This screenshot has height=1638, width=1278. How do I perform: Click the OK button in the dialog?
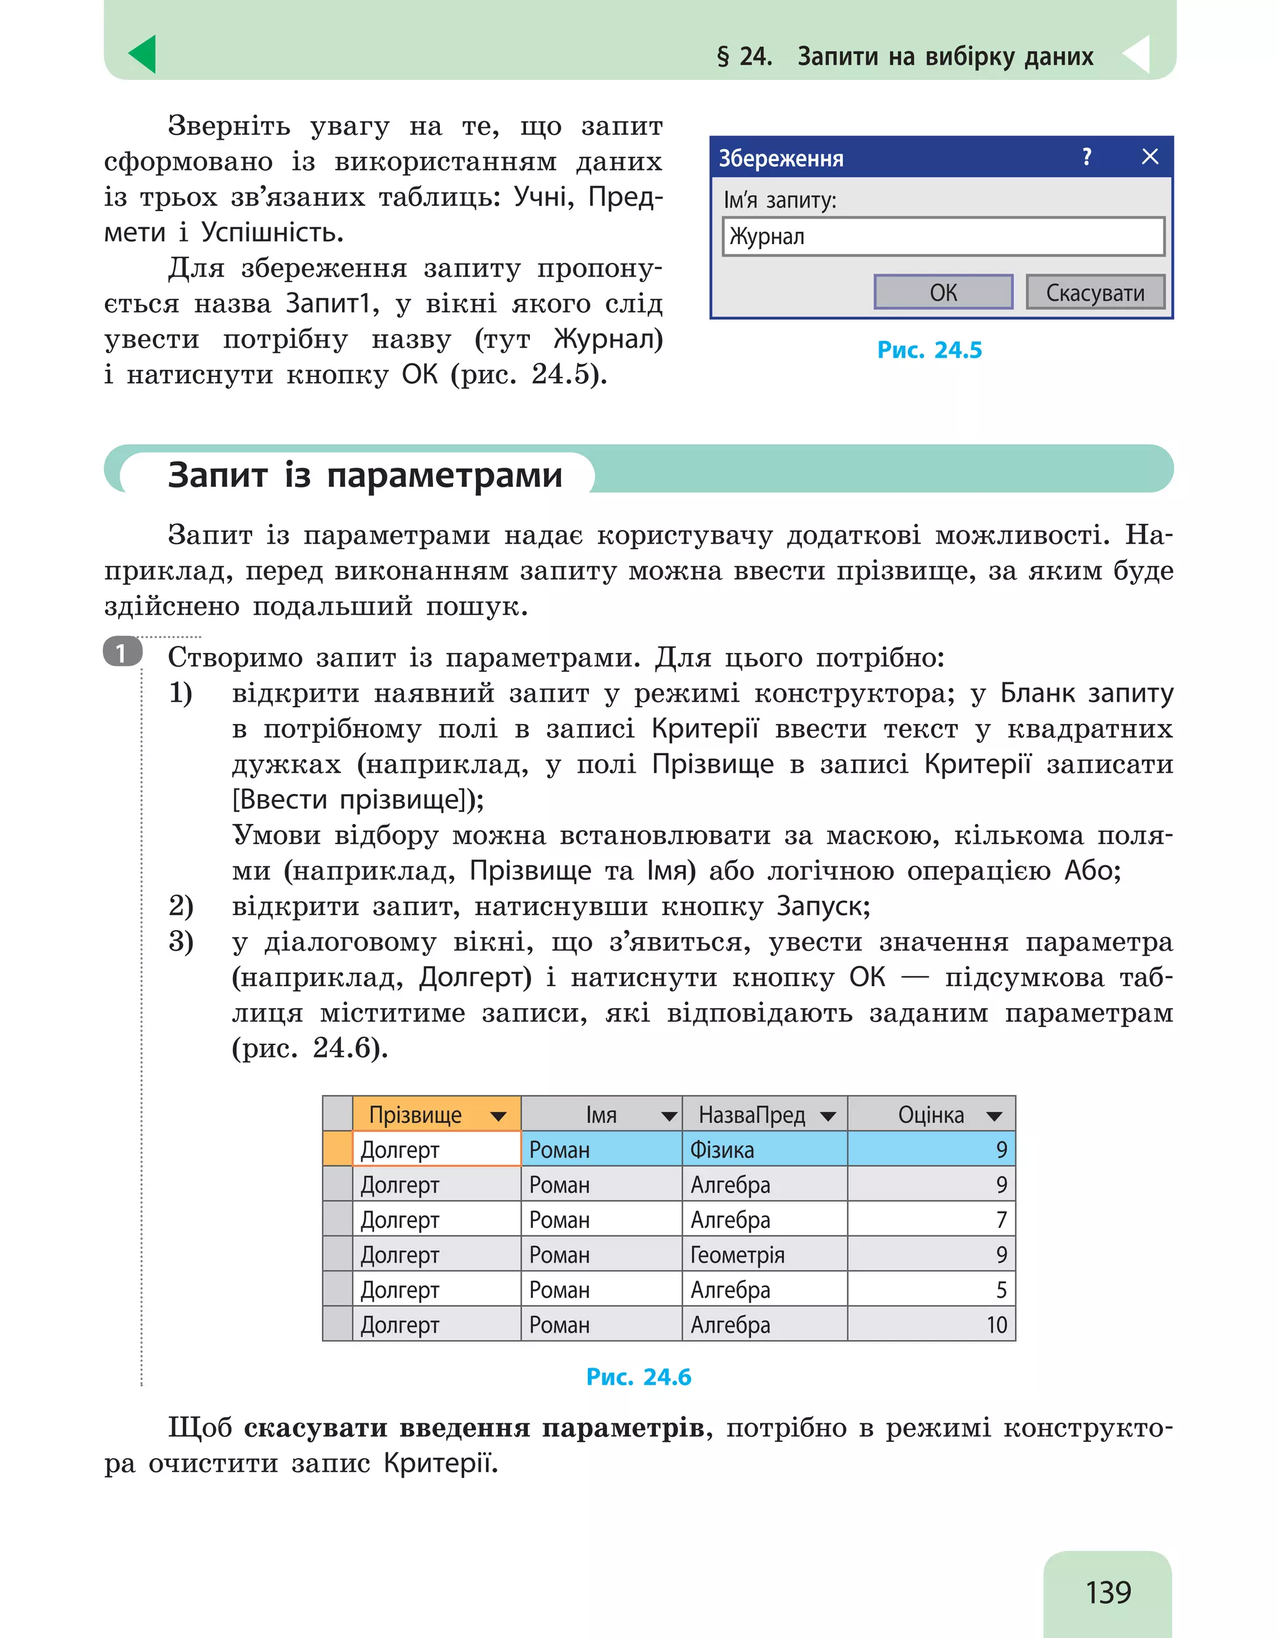click(x=942, y=292)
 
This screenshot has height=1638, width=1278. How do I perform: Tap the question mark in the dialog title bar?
click(x=1086, y=157)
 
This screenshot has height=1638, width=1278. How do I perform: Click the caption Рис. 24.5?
click(x=929, y=350)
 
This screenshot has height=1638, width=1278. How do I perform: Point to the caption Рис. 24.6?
click(x=638, y=1377)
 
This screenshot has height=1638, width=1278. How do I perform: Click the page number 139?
click(x=1108, y=1592)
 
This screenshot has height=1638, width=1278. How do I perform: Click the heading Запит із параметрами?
click(x=365, y=475)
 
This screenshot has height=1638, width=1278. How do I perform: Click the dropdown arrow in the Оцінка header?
click(x=994, y=1116)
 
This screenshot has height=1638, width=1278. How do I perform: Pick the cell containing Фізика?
click(x=764, y=1150)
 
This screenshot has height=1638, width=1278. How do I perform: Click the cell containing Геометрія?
click(x=764, y=1255)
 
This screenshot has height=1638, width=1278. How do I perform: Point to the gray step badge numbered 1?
click(x=122, y=652)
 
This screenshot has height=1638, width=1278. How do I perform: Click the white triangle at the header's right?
click(x=1136, y=54)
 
